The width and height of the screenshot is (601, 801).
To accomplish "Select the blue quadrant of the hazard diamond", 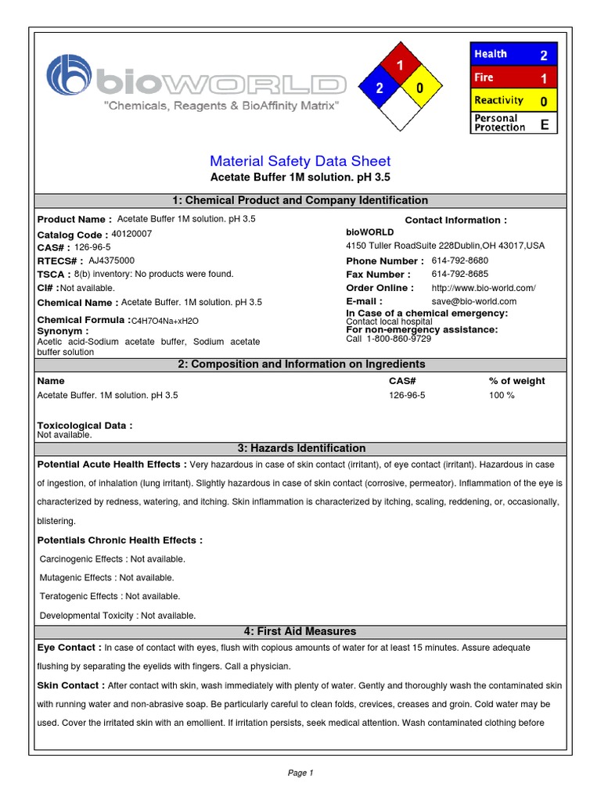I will [x=379, y=88].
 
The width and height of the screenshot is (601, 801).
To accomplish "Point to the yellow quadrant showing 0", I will [x=420, y=88].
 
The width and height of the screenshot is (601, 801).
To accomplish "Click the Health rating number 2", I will [x=543, y=55].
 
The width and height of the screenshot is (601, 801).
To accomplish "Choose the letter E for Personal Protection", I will [x=543, y=123].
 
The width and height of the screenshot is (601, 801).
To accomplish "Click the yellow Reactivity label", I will [x=498, y=100].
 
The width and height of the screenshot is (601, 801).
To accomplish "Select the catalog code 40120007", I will [x=132, y=234].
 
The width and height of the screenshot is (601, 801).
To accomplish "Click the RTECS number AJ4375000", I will [x=111, y=260].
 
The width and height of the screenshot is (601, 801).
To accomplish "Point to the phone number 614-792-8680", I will [x=459, y=260].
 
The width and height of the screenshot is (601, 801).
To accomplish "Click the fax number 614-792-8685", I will [x=459, y=275].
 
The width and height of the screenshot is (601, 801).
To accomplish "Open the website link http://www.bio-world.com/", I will [x=483, y=288].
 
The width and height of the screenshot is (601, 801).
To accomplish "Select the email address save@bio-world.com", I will [x=473, y=301].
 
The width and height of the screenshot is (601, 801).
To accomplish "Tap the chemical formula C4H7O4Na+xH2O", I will [x=164, y=321].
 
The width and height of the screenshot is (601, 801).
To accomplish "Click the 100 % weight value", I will [x=502, y=395].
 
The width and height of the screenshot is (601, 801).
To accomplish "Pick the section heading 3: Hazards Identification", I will [x=301, y=448].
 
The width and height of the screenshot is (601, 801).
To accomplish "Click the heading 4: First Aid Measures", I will [x=301, y=631].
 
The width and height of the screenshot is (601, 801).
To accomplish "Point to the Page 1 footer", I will [x=300, y=773].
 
